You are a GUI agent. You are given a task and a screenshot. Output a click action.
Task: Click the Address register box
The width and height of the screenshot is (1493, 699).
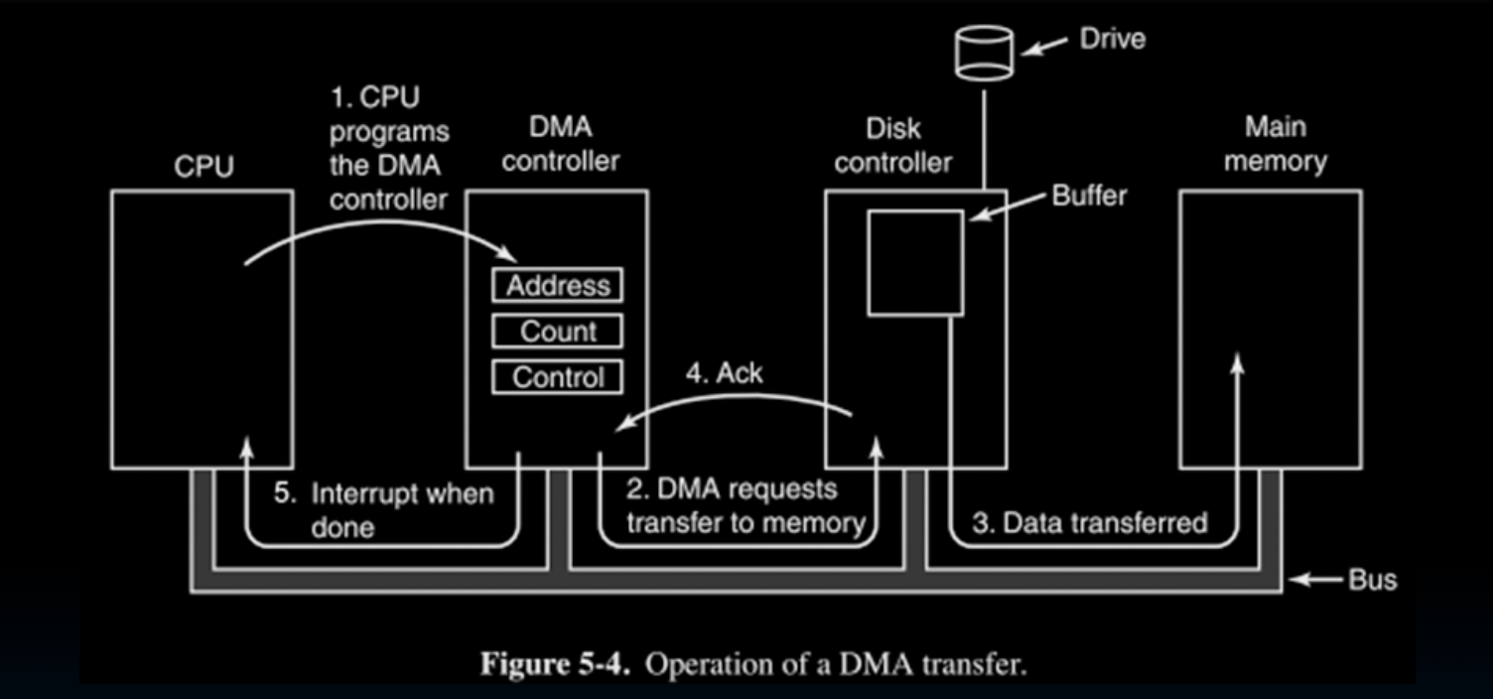[558, 286]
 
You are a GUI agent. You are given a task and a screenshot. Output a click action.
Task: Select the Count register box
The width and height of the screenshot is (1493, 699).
[558, 332]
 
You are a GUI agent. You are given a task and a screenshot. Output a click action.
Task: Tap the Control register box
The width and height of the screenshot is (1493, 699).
[558, 377]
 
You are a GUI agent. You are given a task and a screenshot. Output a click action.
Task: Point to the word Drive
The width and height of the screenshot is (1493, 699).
[1112, 40]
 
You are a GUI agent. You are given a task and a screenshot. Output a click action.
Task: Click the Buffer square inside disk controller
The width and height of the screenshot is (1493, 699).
[915, 262]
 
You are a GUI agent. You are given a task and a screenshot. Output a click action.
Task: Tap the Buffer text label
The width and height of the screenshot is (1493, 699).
[1089, 196]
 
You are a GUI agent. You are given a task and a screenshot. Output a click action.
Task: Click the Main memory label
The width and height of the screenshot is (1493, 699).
[1275, 144]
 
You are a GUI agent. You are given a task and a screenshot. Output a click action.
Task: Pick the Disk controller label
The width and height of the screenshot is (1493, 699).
[892, 145]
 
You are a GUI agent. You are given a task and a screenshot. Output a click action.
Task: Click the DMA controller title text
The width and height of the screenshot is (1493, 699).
[560, 144]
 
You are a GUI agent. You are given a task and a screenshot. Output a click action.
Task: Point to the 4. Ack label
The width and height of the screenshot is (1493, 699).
[725, 374]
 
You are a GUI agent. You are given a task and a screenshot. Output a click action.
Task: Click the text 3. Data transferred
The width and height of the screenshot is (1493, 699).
[1089, 523]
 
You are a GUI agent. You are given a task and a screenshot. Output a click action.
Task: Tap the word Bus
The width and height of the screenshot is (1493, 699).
[1372, 579]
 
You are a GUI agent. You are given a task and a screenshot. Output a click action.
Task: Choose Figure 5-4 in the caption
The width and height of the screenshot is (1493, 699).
[556, 664]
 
